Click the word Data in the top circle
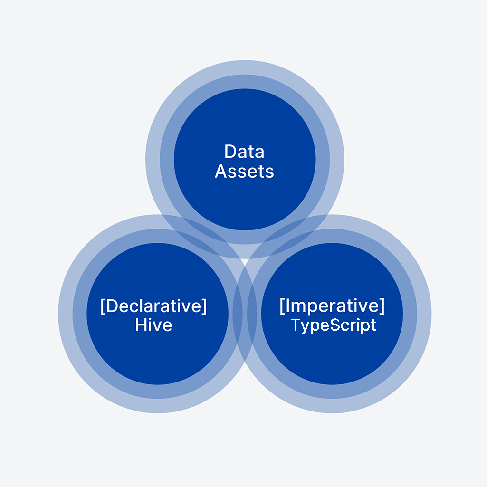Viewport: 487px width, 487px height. coord(244,152)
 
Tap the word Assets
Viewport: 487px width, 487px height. coord(244,171)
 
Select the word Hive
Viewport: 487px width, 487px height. coord(153,325)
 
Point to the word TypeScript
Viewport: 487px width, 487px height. coord(334,325)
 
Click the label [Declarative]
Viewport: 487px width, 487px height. coord(153,306)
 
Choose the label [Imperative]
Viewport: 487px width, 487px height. coord(332,306)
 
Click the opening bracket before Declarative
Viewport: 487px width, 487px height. coord(103,306)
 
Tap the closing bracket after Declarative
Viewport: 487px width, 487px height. coord(205,306)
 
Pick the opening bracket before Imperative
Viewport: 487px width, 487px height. coord(282,306)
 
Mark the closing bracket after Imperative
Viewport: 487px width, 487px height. coord(382,306)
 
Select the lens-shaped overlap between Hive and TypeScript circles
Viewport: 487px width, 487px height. coord(245,314)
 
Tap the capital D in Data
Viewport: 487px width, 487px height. coord(230,152)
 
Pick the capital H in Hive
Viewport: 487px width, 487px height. coord(141,325)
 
